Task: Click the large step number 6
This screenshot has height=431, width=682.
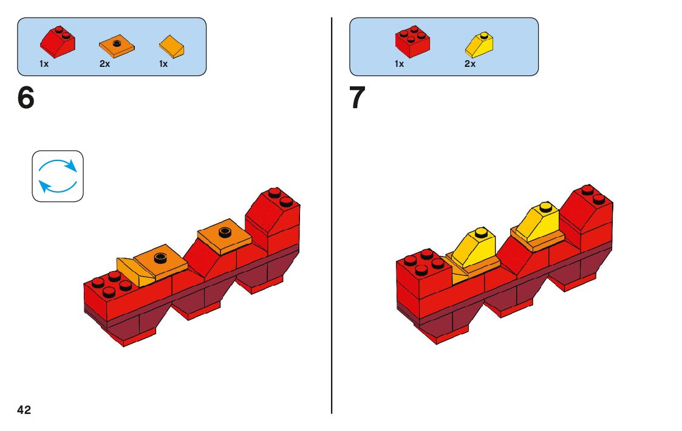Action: click(26, 99)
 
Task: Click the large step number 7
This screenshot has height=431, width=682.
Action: click(358, 99)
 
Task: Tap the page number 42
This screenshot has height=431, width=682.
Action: click(24, 410)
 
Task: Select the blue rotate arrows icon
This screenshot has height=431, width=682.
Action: click(58, 176)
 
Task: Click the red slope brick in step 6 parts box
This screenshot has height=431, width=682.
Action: click(59, 41)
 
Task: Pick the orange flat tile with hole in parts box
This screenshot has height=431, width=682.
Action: click(117, 44)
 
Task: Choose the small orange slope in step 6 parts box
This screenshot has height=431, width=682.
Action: click(172, 46)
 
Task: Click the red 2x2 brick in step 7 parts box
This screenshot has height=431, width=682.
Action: click(413, 41)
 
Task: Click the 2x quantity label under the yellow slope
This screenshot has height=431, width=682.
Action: click(470, 64)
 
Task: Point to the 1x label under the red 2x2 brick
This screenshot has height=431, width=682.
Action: click(399, 64)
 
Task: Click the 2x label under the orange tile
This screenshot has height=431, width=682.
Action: click(105, 64)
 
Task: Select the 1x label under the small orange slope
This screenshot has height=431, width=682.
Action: click(163, 64)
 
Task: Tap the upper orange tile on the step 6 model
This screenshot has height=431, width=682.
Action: click(224, 235)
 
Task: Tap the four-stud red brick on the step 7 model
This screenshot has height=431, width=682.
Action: click(422, 274)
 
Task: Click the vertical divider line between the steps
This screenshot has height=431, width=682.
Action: click(332, 243)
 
